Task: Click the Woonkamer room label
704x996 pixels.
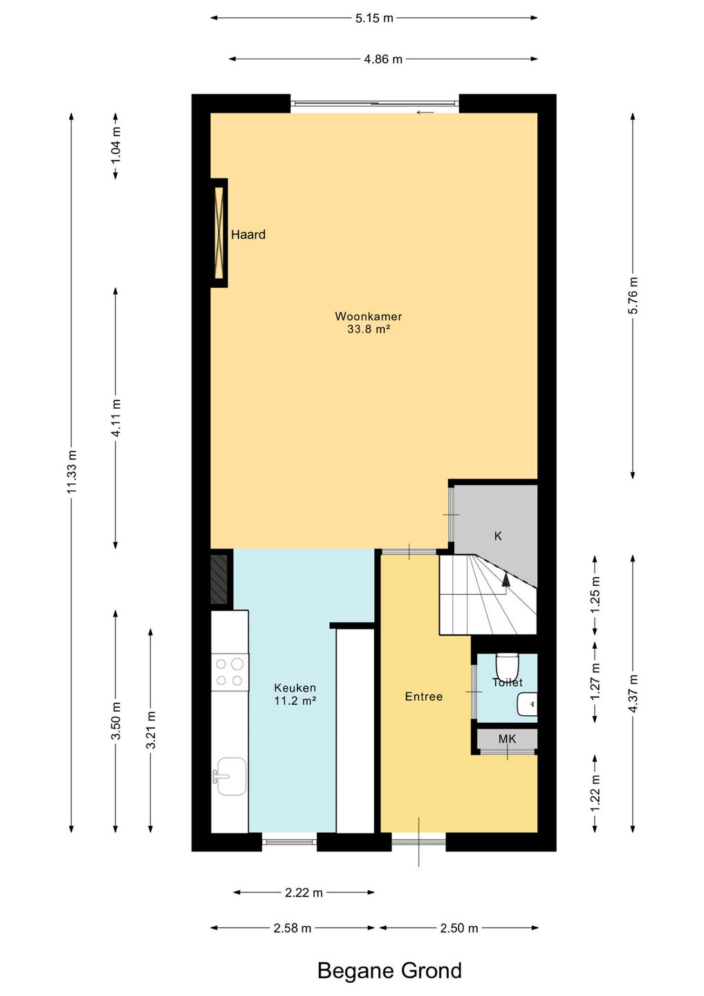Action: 368,316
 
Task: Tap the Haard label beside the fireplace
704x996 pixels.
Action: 248,234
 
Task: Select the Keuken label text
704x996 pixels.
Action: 295,688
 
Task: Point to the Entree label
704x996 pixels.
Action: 423,697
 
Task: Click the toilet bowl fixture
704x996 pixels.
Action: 507,664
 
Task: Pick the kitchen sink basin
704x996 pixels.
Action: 231,776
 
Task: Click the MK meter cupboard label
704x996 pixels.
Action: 507,739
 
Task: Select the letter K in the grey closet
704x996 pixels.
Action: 498,536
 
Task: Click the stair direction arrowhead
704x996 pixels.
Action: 506,578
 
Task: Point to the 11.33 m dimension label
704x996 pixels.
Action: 72,471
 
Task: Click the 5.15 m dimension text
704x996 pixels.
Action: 374,18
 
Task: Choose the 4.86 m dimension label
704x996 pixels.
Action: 383,59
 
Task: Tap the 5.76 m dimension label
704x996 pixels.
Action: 633,295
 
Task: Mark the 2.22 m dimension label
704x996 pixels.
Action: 304,892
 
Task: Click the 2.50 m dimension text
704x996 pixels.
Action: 459,928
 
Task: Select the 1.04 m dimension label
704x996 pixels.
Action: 115,145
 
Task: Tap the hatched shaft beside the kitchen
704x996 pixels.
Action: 219,579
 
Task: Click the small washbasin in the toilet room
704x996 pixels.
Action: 527,704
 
